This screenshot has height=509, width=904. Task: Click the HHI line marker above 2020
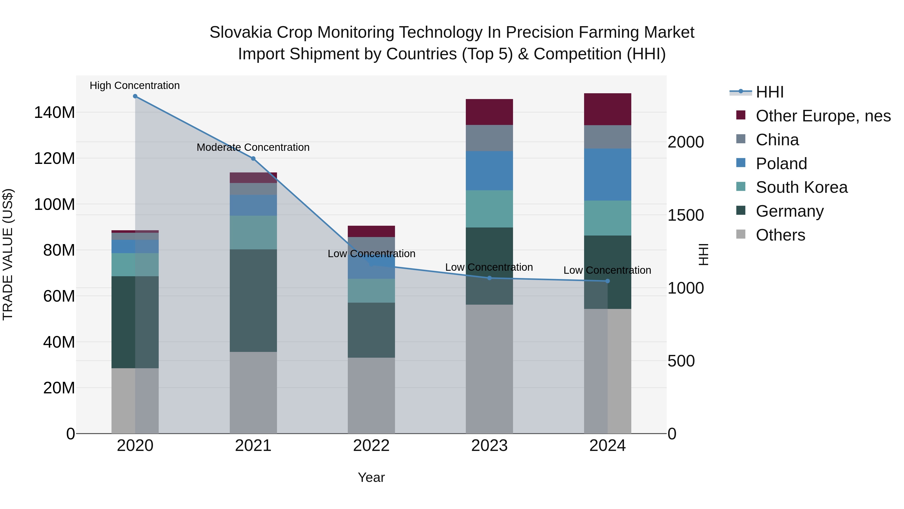tap(135, 96)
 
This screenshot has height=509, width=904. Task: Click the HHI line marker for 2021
tap(253, 158)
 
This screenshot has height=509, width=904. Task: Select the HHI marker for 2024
tap(608, 281)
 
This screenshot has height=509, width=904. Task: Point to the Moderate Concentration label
tap(253, 147)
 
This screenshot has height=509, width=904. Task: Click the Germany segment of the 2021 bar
tap(253, 300)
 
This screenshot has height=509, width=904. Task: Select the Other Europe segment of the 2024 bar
tap(607, 109)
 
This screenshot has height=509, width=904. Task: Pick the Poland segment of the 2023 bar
tap(489, 171)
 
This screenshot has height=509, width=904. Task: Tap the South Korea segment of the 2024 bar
tap(607, 218)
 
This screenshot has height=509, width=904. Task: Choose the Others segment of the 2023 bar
tap(489, 369)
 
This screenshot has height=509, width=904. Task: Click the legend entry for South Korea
tap(801, 187)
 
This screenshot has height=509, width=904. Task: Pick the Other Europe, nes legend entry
tap(823, 116)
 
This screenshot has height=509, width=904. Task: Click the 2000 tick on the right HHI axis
tap(685, 142)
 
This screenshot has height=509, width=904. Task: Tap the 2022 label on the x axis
tap(371, 446)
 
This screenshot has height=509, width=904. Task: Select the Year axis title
tap(371, 477)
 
